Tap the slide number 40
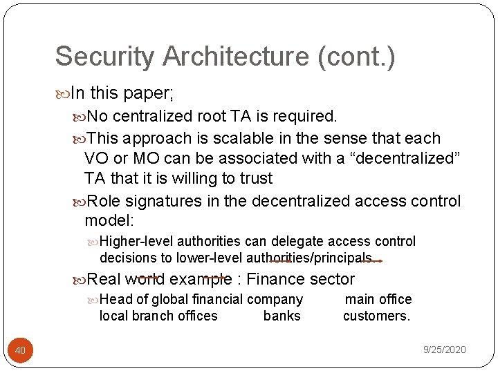tap(20, 351)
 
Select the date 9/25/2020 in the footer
tap(444, 350)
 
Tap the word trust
tap(255, 178)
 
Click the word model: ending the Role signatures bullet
tap(109, 221)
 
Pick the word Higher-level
tap(136, 242)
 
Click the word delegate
tap(303, 242)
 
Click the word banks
tap(282, 316)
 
